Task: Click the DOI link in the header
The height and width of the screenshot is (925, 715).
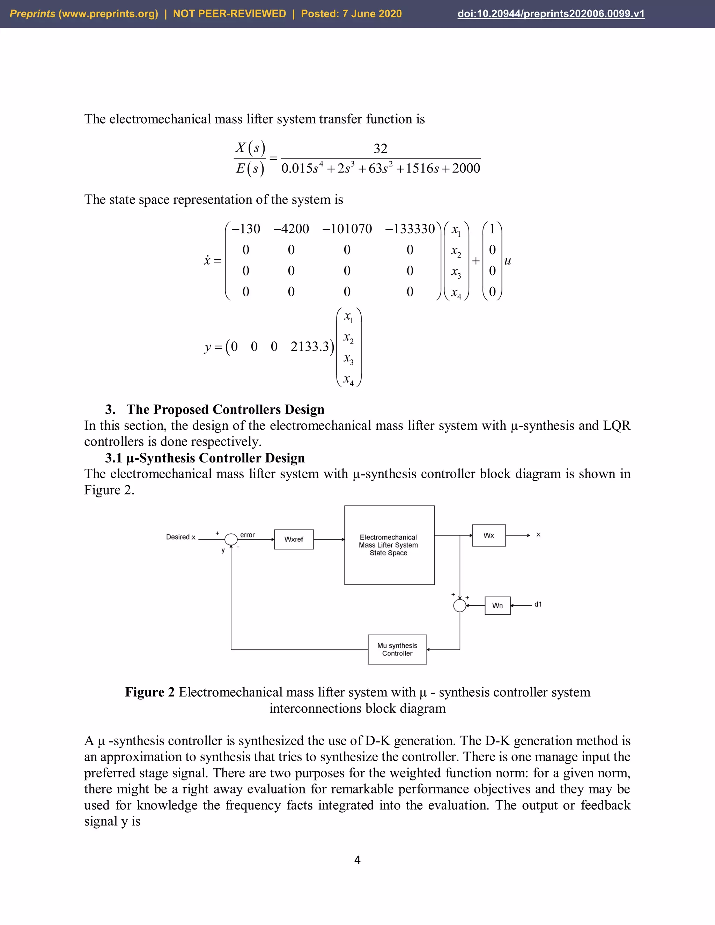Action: tap(551, 14)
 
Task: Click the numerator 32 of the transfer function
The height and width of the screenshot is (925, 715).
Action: tap(381, 149)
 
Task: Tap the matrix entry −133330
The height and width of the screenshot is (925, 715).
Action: tap(410, 229)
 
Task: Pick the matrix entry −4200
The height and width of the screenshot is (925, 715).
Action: tap(292, 229)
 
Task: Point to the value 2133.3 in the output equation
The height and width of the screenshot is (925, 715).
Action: tap(310, 347)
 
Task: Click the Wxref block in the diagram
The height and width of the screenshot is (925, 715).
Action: tap(294, 539)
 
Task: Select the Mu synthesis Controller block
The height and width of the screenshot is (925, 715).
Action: tap(397, 649)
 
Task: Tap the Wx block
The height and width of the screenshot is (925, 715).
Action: tap(488, 535)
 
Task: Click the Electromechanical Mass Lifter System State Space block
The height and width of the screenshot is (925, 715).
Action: tap(389, 545)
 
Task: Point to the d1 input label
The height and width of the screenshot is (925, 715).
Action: tap(538, 604)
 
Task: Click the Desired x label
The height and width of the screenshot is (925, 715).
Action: tap(180, 537)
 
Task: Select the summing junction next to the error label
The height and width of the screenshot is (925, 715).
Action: tap(231, 539)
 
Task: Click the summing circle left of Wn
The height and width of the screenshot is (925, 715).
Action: tap(459, 606)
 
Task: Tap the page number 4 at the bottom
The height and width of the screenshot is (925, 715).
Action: tap(357, 860)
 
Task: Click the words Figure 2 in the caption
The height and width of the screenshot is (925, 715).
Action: tap(149, 693)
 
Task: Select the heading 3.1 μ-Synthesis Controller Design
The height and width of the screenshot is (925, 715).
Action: tap(205, 458)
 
